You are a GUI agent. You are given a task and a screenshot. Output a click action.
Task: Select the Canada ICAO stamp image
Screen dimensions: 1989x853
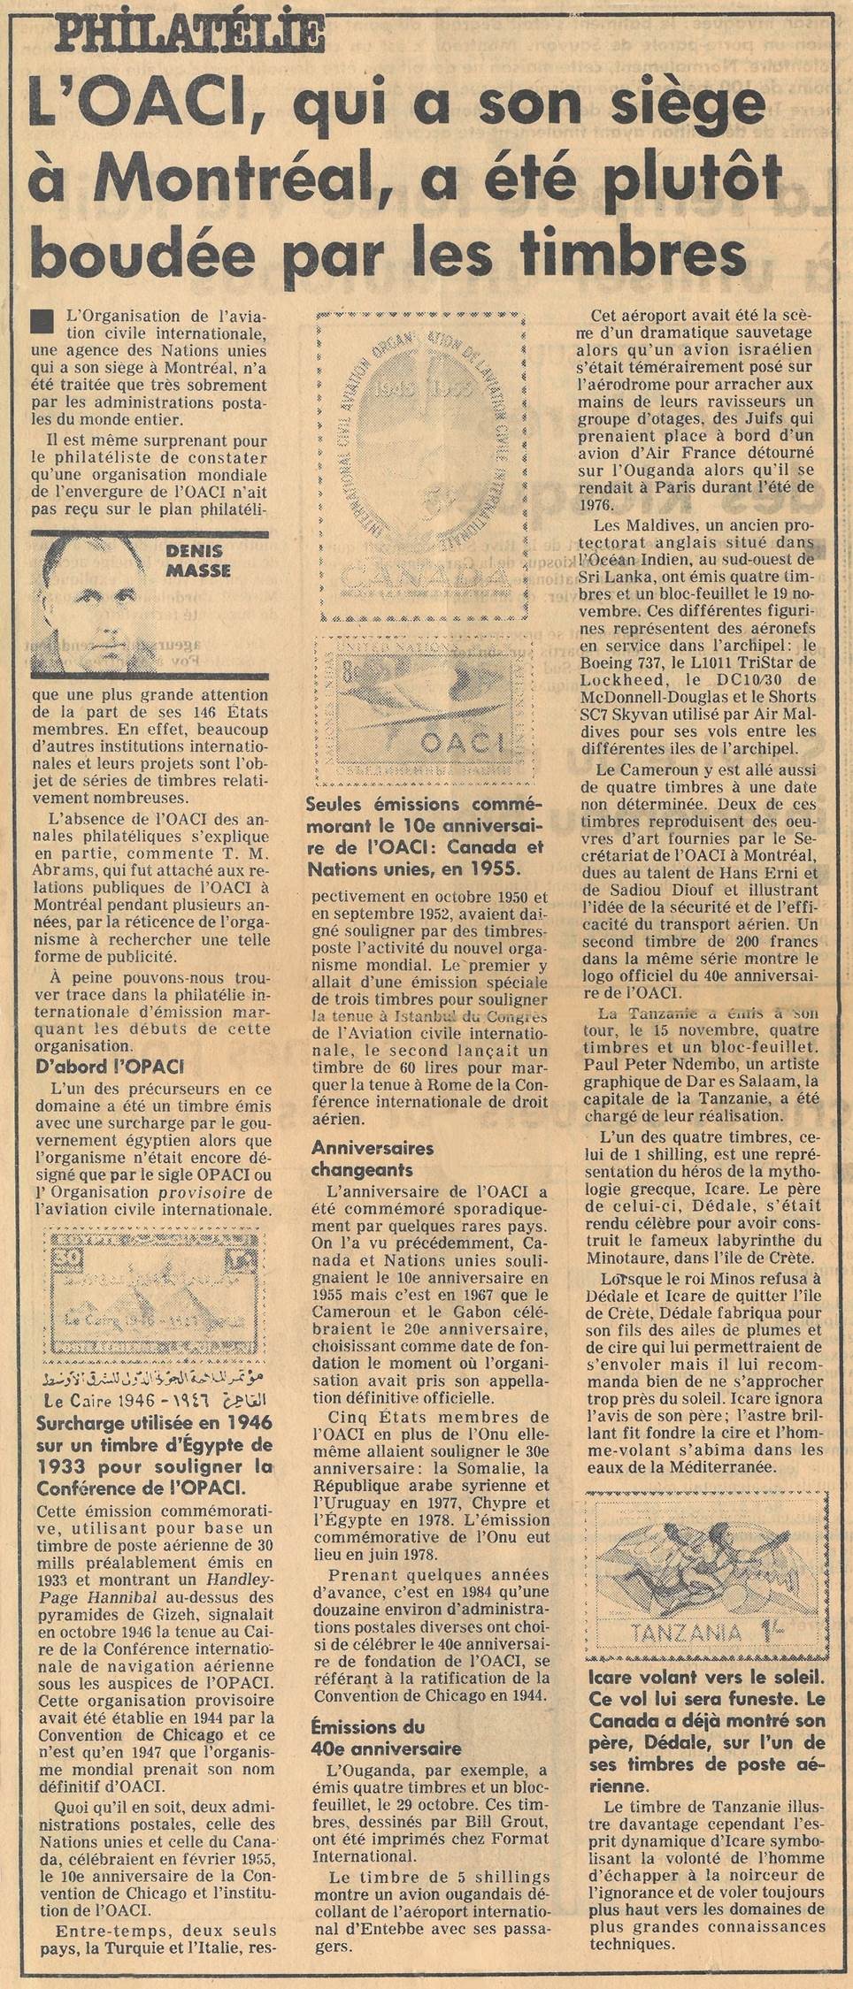(x=423, y=467)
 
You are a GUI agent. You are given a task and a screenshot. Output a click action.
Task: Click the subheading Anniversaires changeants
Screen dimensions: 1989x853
(x=372, y=1158)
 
